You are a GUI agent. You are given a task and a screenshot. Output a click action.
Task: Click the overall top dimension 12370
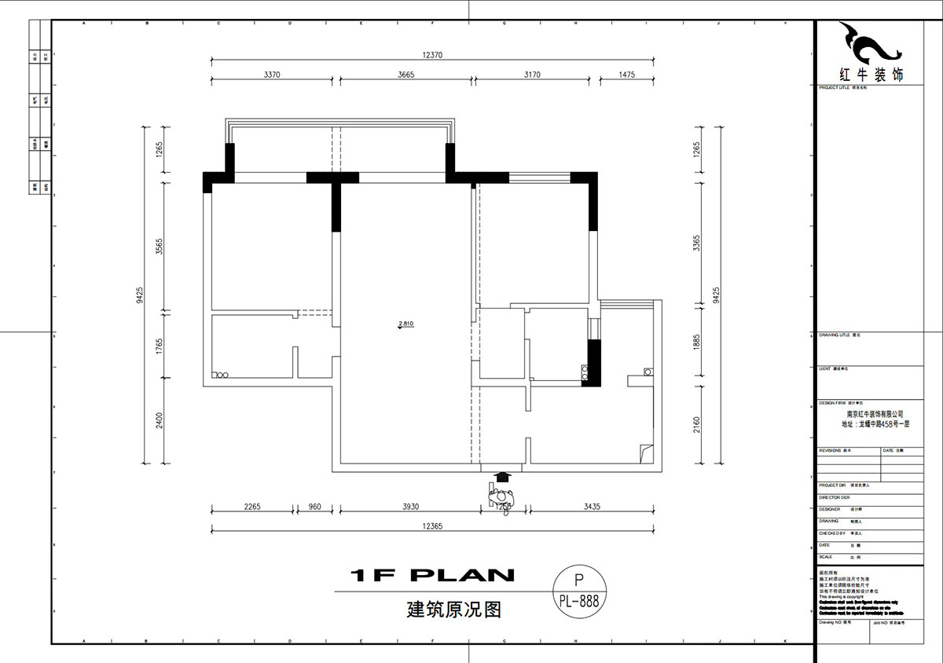coord(433,55)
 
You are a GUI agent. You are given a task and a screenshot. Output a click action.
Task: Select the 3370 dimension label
coord(272,75)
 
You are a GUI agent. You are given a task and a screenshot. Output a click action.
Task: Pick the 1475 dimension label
coord(626,75)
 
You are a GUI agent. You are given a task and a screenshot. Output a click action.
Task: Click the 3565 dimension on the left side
coord(159,247)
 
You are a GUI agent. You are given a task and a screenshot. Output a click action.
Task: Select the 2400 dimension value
coord(159,420)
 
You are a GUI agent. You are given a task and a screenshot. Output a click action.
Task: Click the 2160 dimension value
coord(696,425)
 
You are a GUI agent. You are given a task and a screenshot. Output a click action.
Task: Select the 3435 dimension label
coord(592,507)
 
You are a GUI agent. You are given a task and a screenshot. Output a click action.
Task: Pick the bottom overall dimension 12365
coord(433,526)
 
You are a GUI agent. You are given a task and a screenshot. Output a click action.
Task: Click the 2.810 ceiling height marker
coord(406,324)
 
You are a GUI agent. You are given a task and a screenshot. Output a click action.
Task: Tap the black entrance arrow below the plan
coord(503,477)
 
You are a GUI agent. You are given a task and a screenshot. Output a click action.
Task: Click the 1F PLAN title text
coord(432,576)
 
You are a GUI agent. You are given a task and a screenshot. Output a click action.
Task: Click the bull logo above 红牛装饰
coord(870,45)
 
